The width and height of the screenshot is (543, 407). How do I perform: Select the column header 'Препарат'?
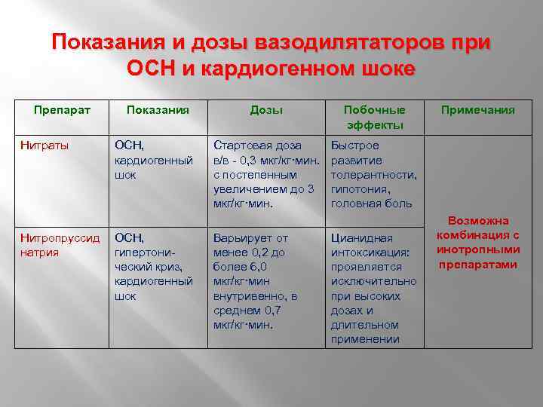(62, 110)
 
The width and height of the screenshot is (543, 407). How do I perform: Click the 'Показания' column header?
(157, 110)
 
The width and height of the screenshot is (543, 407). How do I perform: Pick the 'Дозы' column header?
(266, 110)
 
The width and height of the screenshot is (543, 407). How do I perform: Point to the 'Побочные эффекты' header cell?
(375, 118)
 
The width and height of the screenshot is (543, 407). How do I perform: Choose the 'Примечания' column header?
(479, 110)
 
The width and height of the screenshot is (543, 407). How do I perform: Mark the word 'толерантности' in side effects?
(374, 175)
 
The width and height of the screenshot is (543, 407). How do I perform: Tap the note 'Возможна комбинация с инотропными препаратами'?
(479, 243)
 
